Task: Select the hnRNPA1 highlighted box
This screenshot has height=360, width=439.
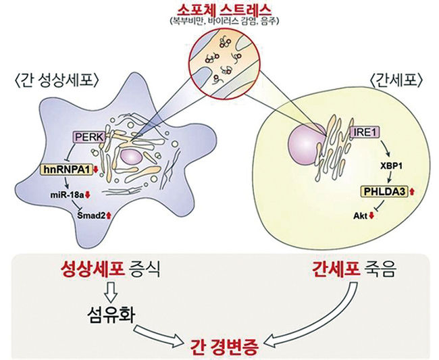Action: coord(67,170)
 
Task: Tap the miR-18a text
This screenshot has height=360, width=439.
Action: coord(67,195)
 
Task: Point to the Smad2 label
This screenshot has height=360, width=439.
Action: coord(91,215)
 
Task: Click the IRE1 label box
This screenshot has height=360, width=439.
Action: coord(365,132)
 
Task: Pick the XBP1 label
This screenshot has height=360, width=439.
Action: coord(391,166)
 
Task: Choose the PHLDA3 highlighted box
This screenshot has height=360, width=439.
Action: coord(384,192)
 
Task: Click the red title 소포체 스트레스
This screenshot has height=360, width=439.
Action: coord(224,10)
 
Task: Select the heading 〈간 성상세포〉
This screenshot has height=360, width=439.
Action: coord(56,80)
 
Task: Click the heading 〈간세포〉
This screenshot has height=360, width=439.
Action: coord(396,81)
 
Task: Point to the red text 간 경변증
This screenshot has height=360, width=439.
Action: coord(224,347)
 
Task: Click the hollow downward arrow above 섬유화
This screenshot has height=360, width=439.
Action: coord(111,292)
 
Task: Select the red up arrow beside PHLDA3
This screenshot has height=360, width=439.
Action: coord(412,192)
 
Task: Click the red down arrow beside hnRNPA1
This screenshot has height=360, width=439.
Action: coord(96,170)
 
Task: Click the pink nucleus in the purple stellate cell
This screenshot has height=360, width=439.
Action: coord(131,157)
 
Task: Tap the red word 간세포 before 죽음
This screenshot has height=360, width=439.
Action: coord(336,269)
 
